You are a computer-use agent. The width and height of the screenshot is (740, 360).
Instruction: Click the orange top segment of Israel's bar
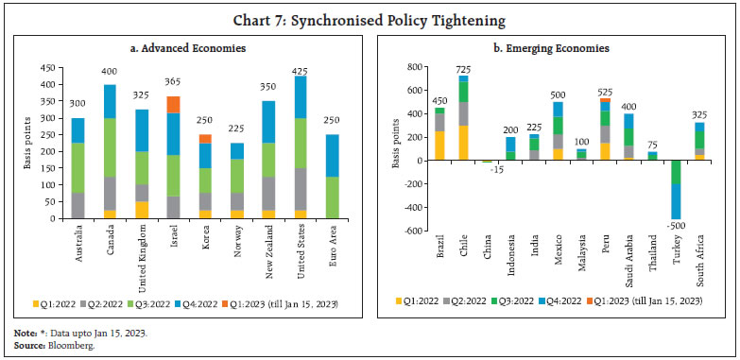tap(173, 104)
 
